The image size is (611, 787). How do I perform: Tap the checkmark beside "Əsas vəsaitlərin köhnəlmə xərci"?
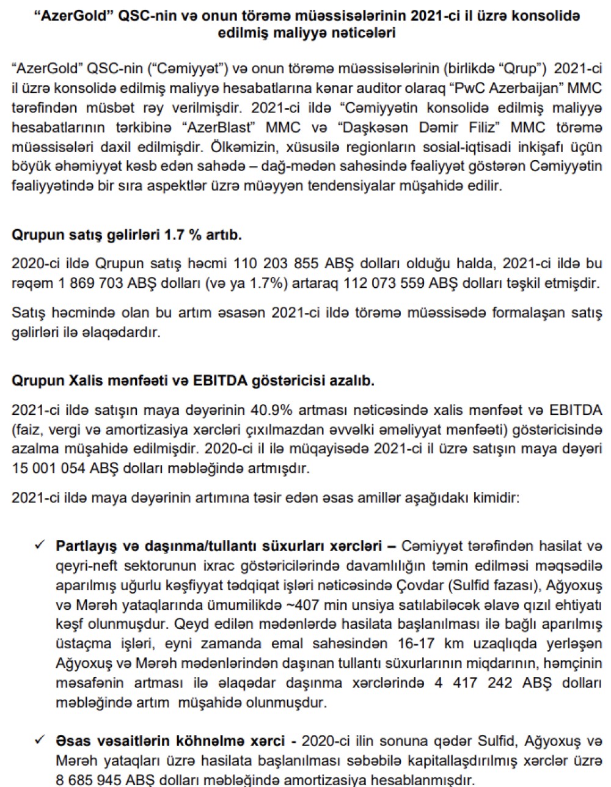pyautogui.click(x=41, y=741)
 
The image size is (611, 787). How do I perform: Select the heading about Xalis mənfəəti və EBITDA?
pyautogui.click(x=193, y=381)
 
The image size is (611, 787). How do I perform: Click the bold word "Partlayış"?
pyautogui.click(x=83, y=545)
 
